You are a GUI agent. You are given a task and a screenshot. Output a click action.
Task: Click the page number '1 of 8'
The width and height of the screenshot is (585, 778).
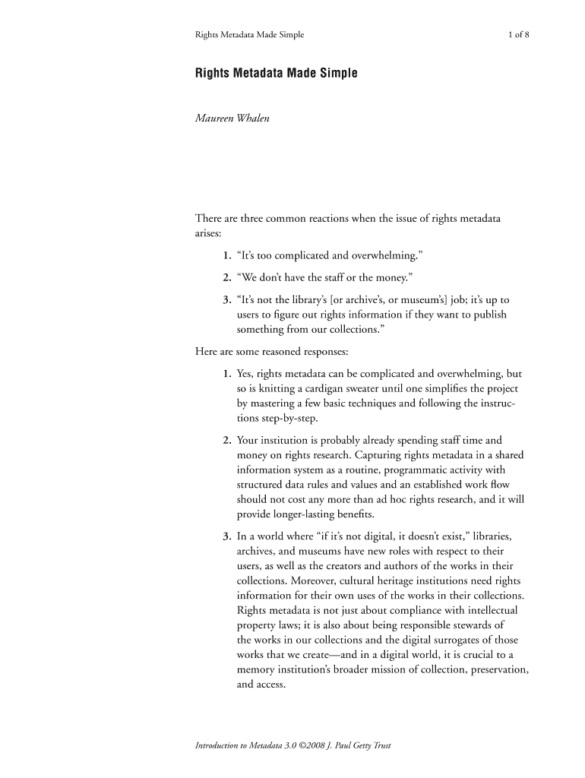[523, 35]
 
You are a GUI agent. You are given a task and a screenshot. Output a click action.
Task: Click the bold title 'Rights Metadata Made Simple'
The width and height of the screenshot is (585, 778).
[276, 74]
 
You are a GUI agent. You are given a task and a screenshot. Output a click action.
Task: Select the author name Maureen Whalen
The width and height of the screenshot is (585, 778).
[232, 120]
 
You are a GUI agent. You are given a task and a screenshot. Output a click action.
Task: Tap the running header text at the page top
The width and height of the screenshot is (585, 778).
[250, 35]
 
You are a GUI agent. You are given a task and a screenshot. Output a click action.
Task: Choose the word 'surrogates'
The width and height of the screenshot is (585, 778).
[457, 640]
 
